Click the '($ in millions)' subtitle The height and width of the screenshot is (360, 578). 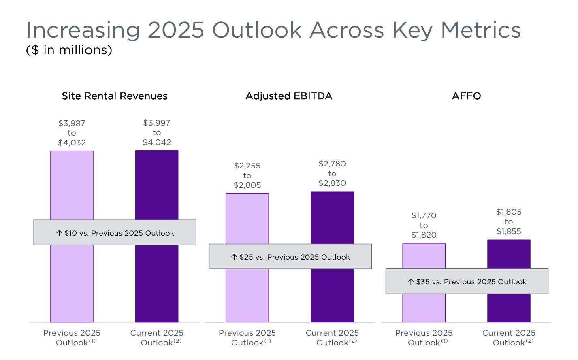[69, 50]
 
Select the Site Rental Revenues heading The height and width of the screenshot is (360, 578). [114, 96]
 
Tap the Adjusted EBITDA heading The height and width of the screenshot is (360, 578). [289, 96]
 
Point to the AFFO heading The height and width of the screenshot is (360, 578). [466, 96]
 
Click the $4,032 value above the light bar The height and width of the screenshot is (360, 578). [72, 143]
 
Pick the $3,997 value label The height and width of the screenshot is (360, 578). [157, 123]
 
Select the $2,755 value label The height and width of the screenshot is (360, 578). [247, 166]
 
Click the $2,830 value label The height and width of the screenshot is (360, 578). [332, 183]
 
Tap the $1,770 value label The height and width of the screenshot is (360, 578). [424, 215]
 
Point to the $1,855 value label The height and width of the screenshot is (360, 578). [509, 231]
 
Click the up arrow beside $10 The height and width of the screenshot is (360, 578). [59, 233]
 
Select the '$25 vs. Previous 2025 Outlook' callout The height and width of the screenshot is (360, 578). [290, 257]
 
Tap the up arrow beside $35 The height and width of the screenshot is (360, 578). [411, 282]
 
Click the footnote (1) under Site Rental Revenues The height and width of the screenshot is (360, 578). [92, 341]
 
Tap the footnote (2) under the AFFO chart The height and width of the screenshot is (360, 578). [530, 341]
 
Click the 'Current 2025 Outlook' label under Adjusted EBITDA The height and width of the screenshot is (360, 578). [332, 337]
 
